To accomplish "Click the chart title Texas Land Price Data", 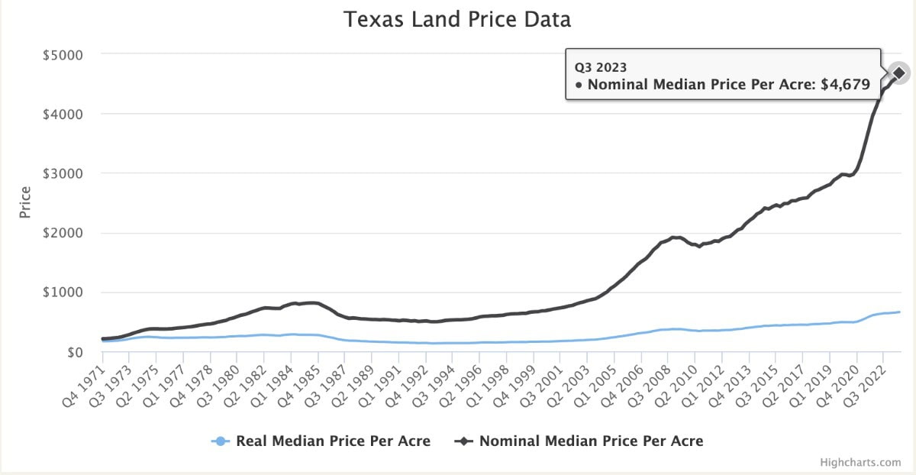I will [457, 19].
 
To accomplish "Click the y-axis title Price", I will [25, 202].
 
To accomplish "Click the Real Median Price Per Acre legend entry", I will [333, 441].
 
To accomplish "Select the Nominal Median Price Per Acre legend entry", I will [591, 441].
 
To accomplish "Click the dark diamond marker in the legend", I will [463, 441].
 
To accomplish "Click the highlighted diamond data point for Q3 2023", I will [899, 73].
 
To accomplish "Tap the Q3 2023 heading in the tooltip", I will [601, 66].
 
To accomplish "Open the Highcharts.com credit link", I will [860, 462].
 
